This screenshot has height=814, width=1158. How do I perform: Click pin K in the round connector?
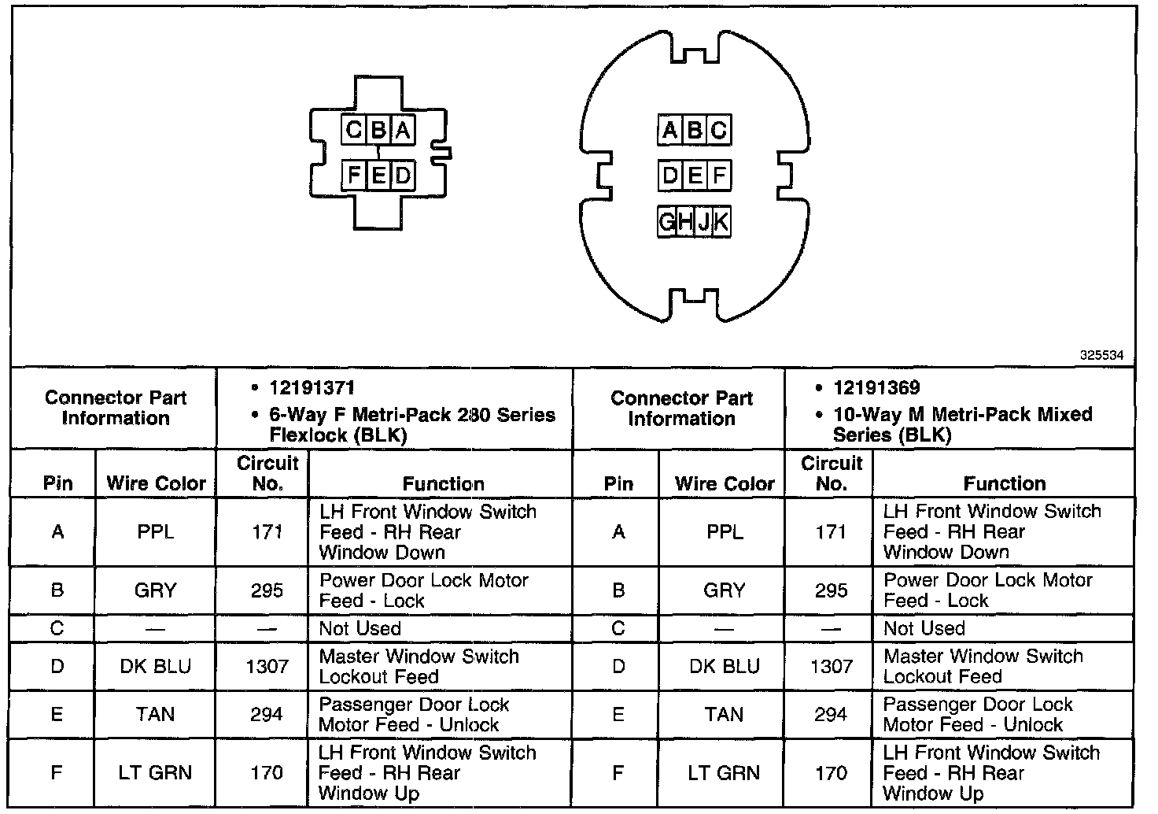721,223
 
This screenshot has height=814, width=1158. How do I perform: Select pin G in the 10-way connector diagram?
667,223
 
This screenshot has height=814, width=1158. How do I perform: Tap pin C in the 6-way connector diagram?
354,130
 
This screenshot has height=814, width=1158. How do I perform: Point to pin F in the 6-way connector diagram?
354,175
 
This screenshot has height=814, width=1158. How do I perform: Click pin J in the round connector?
703,223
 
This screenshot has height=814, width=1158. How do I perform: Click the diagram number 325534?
1101,356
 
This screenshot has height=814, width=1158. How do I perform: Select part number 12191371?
312,388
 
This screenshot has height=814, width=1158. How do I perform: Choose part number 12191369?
876,388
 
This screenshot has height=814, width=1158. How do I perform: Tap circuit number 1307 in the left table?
267,667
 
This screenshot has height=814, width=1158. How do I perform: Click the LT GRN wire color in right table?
724,773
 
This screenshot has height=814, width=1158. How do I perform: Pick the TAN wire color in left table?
155,715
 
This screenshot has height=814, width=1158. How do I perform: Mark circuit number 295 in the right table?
831,590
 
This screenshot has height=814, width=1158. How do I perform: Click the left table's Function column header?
443,483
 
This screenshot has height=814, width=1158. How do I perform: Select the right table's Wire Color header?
724,483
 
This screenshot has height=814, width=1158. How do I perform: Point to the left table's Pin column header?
57,483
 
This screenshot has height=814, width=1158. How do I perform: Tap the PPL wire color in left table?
155,532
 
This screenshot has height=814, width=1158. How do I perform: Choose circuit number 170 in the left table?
267,773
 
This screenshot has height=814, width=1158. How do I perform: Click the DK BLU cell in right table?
724,667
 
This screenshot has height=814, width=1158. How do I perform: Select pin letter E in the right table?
618,715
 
